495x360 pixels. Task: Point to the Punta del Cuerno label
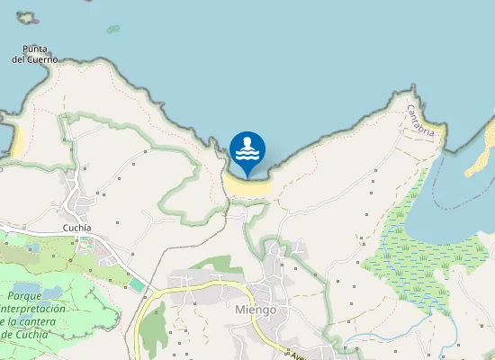[x=35, y=54]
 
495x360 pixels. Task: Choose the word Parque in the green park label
[x=26, y=295]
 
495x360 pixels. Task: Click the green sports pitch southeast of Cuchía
[x=136, y=284]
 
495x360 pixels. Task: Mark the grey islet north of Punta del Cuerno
[x=26, y=17]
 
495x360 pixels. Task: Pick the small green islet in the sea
[x=113, y=29]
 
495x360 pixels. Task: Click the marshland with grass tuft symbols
[x=409, y=247]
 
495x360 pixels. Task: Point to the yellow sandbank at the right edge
[x=481, y=153]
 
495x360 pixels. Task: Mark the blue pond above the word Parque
[x=51, y=291]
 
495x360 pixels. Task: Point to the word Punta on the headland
[x=36, y=49]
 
